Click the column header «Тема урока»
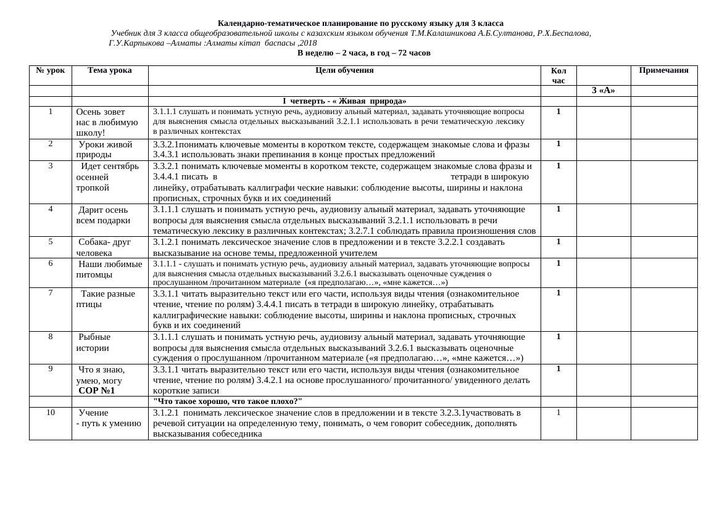pyautogui.click(x=109, y=70)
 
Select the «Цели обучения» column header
pyautogui.click(x=344, y=70)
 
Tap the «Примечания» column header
pyautogui.click(x=663, y=70)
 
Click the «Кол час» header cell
pyautogui.click(x=558, y=75)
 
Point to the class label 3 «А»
pyautogui.click(x=603, y=91)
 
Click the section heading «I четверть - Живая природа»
pyautogui.click(x=344, y=101)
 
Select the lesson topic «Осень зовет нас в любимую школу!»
pyautogui.click(x=107, y=122)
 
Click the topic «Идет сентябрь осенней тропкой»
pyautogui.click(x=107, y=176)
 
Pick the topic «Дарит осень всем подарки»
pyautogui.click(x=103, y=215)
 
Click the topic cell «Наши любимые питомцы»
pyautogui.click(x=109, y=269)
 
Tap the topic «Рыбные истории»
pyautogui.click(x=94, y=342)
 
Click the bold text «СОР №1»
pyautogui.click(x=96, y=390)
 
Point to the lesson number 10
pyautogui.click(x=51, y=412)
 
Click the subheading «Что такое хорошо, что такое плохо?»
pyautogui.click(x=228, y=401)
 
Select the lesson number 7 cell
pyautogui.click(x=51, y=292)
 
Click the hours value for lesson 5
pyautogui.click(x=558, y=241)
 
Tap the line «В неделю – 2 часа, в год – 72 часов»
pyautogui.click(x=363, y=53)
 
